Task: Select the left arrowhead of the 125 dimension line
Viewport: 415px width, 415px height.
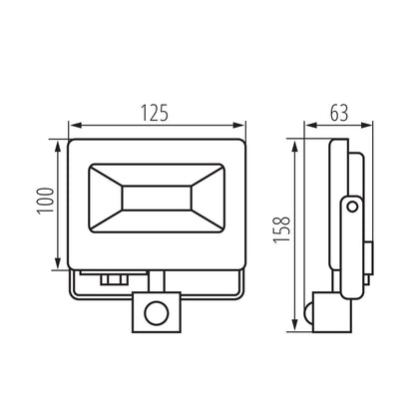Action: click(x=72, y=127)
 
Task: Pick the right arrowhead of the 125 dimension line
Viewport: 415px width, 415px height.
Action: click(x=241, y=127)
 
